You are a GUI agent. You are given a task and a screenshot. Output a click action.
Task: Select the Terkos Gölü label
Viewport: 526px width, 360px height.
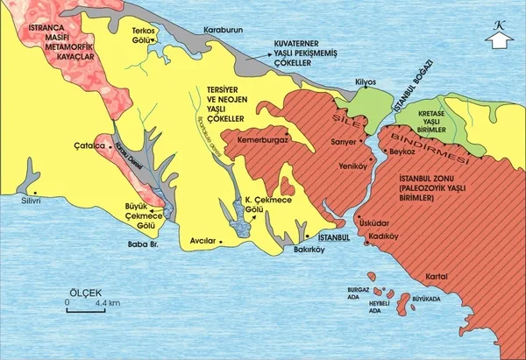point(143,35)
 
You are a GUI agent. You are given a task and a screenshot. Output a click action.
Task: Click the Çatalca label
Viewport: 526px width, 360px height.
point(90,145)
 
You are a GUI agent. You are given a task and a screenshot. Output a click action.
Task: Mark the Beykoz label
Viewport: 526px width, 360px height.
point(402,152)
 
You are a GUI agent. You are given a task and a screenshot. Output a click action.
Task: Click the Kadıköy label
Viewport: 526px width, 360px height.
point(384,235)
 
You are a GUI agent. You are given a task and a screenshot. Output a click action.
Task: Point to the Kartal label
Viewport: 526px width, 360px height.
point(436,278)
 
